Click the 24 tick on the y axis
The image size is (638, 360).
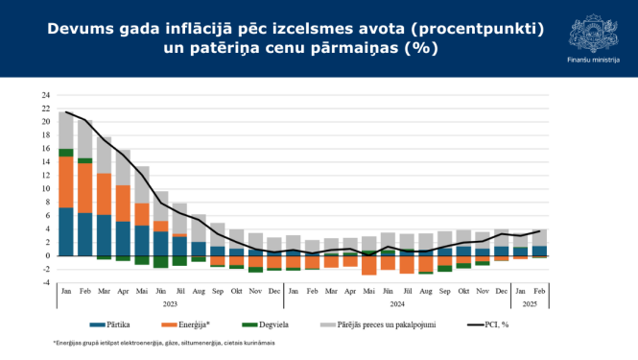pos(45,95)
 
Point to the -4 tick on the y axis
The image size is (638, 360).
pos(45,283)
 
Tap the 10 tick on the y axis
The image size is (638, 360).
pos(45,189)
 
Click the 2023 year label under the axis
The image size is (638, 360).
pos(170,303)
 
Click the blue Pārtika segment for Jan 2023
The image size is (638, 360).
pos(66,231)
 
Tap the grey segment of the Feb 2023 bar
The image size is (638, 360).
pos(85,138)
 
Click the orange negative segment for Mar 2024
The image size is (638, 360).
pos(368,265)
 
